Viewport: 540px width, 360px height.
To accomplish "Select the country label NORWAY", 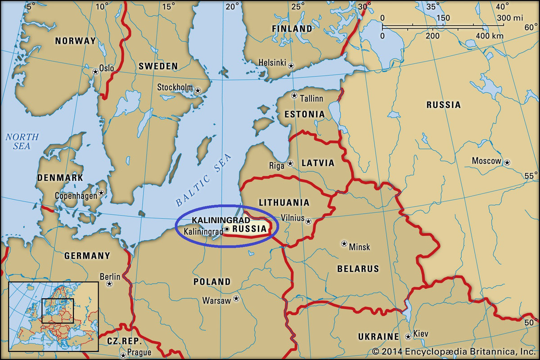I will click(75, 41).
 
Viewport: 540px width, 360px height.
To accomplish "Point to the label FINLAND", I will click(292, 29).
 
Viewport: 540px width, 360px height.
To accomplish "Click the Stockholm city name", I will click(175, 87).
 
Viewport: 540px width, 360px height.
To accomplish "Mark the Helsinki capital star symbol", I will click(291, 66).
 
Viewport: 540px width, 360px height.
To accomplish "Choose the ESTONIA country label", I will click(304, 114).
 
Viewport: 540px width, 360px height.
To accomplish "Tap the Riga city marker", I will click(290, 163).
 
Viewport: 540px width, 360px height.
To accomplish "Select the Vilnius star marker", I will click(308, 221).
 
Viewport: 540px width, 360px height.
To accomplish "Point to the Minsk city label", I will click(360, 247).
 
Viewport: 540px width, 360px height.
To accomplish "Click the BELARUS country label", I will click(358, 269).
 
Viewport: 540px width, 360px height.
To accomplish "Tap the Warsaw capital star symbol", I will click(236, 298).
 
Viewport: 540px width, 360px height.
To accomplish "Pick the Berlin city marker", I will click(109, 284).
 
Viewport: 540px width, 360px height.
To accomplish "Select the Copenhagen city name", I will click(75, 196).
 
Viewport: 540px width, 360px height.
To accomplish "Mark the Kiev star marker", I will click(408, 336).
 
